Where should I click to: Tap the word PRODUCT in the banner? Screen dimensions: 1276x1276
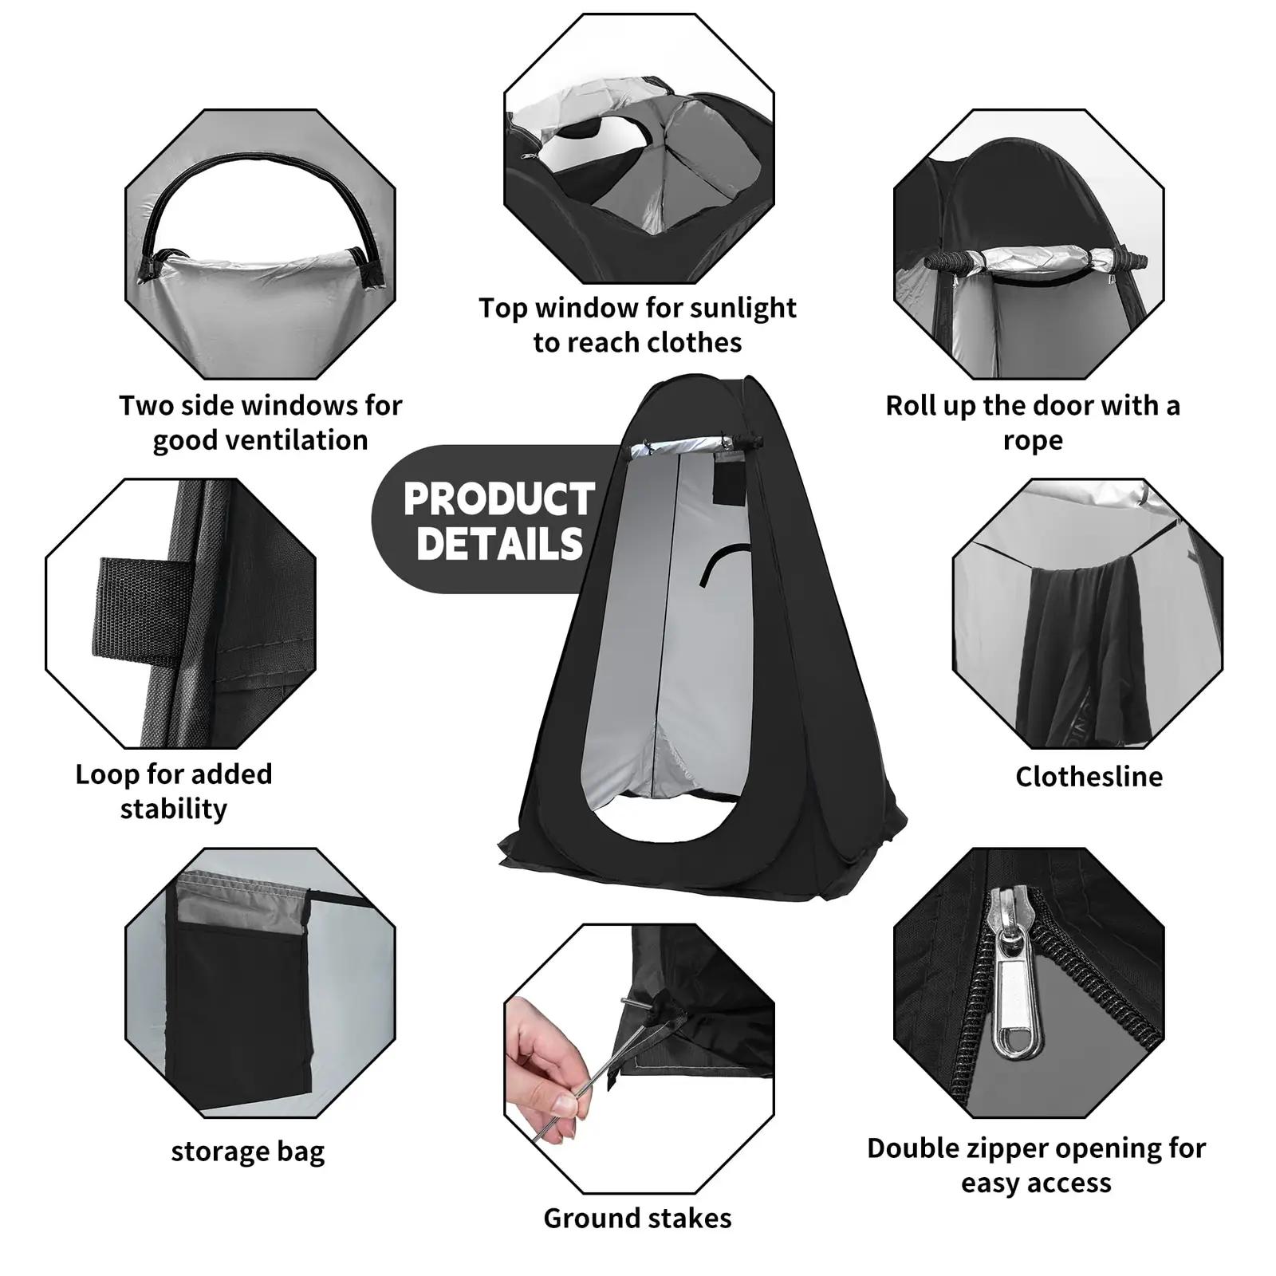pos(499,499)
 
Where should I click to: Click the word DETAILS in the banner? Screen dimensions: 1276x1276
pos(500,544)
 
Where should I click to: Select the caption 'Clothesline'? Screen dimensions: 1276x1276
pos(1089,776)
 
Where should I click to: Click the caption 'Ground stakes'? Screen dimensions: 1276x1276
pos(637,1218)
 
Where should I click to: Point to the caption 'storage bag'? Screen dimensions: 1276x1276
pos(248,1152)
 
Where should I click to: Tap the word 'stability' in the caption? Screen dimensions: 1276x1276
pos(174,809)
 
